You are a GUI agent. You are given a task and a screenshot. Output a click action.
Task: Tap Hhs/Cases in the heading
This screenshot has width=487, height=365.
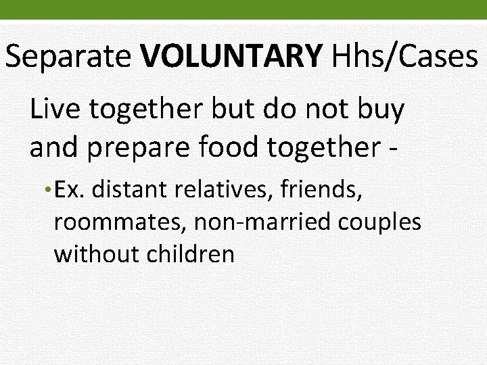tap(404, 58)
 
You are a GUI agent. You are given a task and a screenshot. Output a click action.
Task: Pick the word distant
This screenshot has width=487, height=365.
tap(130, 190)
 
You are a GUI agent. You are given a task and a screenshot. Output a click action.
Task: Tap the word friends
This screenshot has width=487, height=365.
tap(325, 190)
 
